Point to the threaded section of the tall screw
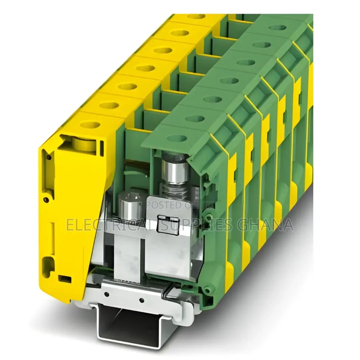point(175,192)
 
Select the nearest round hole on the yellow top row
point(90,125)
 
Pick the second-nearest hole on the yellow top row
point(109,105)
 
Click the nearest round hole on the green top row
point(177,138)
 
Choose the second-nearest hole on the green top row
point(195,118)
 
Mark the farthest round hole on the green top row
point(278,27)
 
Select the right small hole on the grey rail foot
point(141,300)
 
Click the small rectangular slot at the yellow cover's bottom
point(64,278)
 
